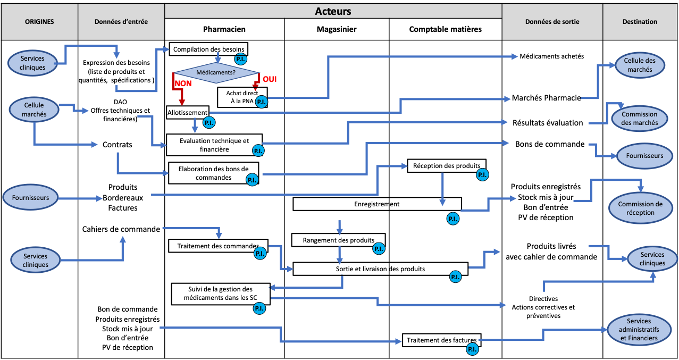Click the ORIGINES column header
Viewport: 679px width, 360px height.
click(39, 22)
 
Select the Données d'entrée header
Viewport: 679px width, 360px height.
click(121, 22)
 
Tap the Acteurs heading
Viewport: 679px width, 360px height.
click(333, 11)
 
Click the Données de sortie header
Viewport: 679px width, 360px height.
click(552, 22)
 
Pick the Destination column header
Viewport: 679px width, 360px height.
click(640, 22)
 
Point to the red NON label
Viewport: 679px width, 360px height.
click(183, 83)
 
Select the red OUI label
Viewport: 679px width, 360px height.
click(270, 79)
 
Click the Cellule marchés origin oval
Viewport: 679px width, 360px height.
click(34, 109)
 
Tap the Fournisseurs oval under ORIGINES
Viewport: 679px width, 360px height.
click(30, 198)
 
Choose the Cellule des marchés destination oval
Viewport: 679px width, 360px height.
click(640, 65)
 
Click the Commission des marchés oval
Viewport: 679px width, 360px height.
click(639, 118)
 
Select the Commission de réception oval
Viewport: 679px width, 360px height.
click(640, 208)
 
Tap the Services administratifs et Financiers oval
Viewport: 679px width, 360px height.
click(639, 330)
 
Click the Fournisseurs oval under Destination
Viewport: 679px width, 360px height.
click(644, 156)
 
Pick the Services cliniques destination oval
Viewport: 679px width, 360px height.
click(652, 259)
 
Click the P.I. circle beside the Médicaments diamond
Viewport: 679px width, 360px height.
click(240, 59)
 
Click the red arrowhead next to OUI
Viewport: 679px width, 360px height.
click(255, 87)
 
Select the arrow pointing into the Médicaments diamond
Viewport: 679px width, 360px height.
click(217, 58)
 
